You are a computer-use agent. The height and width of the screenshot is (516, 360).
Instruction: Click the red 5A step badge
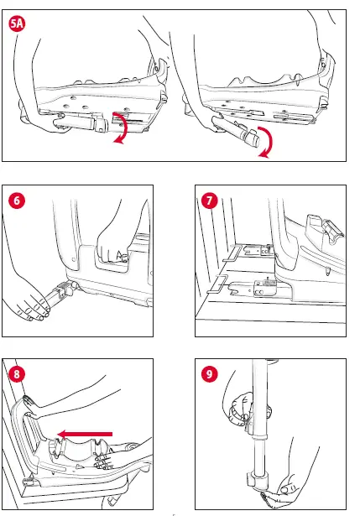point(17,23)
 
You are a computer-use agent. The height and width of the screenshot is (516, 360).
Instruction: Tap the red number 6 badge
point(17,201)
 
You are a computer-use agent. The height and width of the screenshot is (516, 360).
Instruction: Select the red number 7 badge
point(210,201)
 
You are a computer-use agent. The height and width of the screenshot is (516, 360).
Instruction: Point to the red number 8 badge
point(17,374)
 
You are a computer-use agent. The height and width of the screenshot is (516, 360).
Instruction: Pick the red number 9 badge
point(210,374)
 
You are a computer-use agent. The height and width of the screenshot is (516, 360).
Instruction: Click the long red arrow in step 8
point(85,434)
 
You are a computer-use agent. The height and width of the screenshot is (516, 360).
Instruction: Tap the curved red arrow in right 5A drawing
point(266,142)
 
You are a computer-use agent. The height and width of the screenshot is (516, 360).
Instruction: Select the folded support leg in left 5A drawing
point(81,124)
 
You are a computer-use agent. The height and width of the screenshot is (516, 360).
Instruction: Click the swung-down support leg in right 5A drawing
point(235,133)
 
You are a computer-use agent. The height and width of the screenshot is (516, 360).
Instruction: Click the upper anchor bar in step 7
point(232,253)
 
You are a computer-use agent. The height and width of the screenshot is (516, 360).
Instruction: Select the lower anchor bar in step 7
point(217,284)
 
